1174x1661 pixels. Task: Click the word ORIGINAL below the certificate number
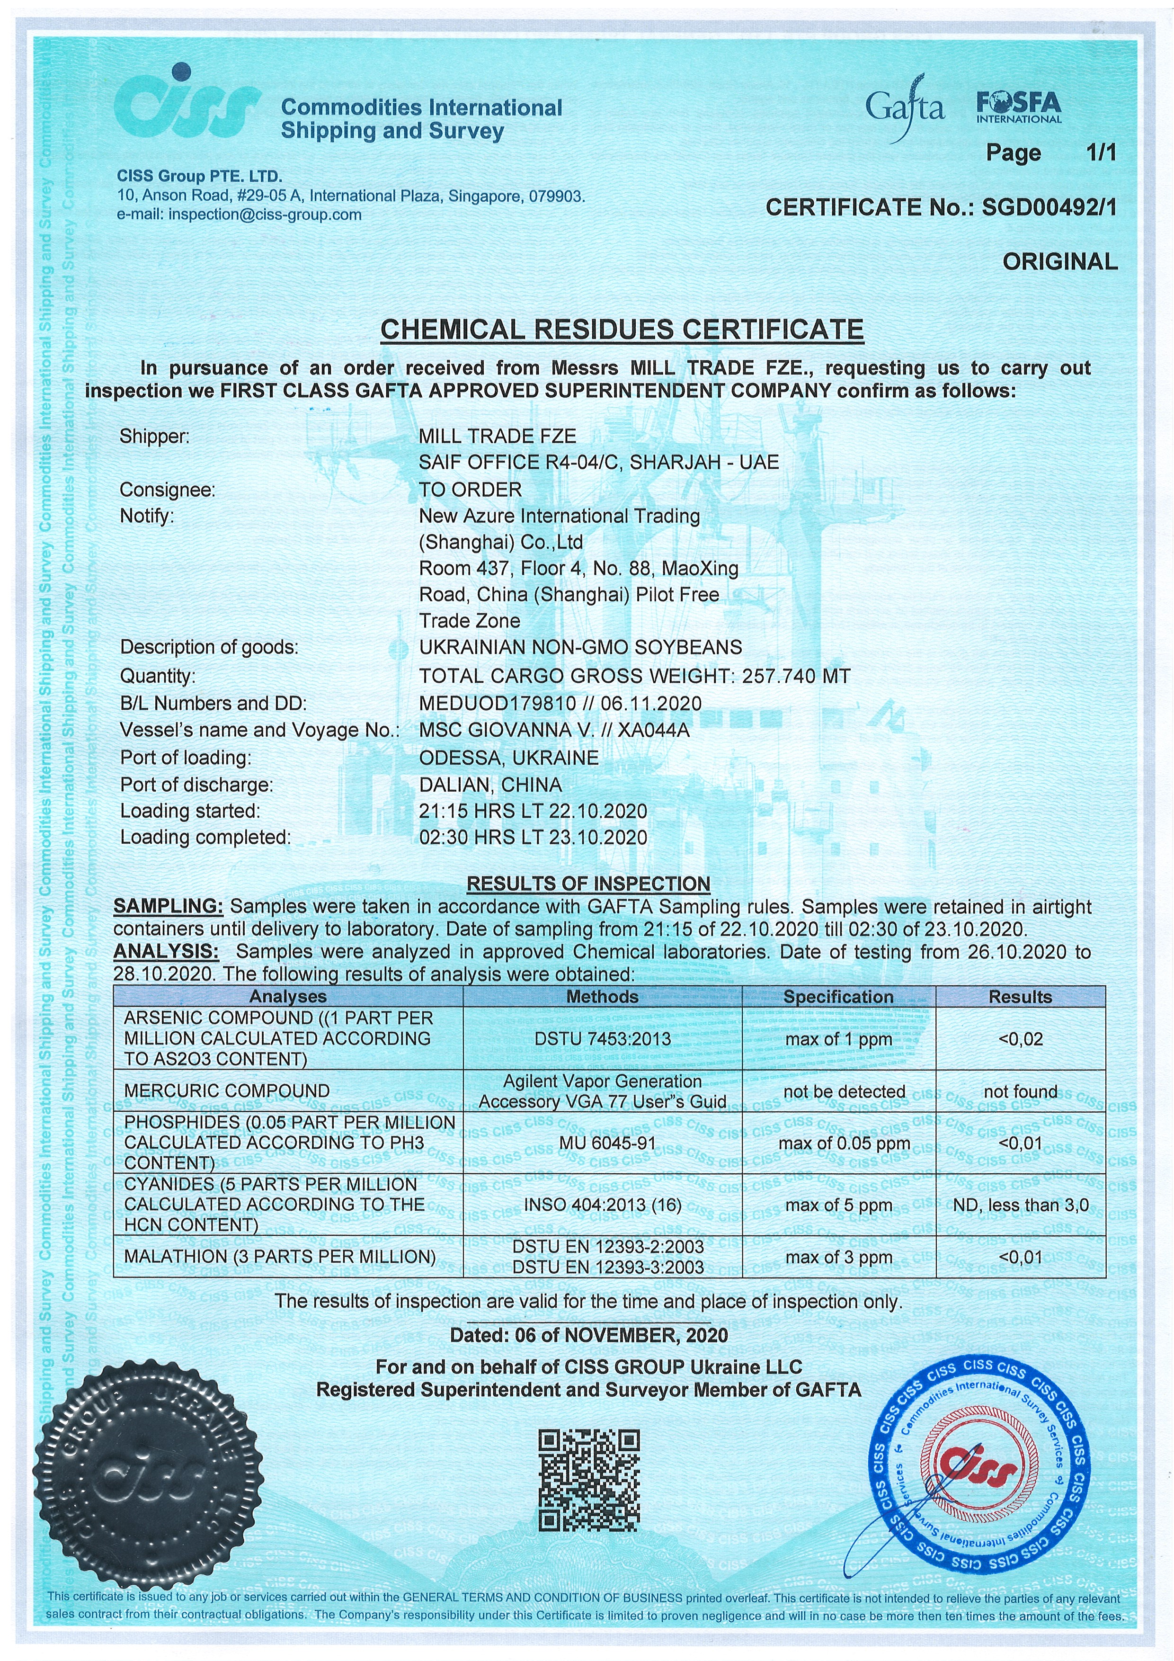point(1060,262)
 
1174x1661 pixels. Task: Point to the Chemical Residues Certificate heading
point(622,330)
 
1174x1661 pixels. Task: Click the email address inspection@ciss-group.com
point(265,215)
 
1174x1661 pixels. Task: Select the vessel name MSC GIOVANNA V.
point(507,731)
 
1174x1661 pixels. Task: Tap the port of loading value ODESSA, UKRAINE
point(508,758)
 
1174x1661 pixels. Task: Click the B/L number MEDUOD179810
point(497,703)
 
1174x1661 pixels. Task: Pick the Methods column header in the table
point(602,997)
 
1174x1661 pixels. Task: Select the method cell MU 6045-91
point(602,1144)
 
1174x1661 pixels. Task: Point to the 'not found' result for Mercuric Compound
point(1020,1092)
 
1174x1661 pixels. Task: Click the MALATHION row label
point(280,1257)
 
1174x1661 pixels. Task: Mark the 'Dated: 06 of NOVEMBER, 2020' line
point(589,1335)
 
